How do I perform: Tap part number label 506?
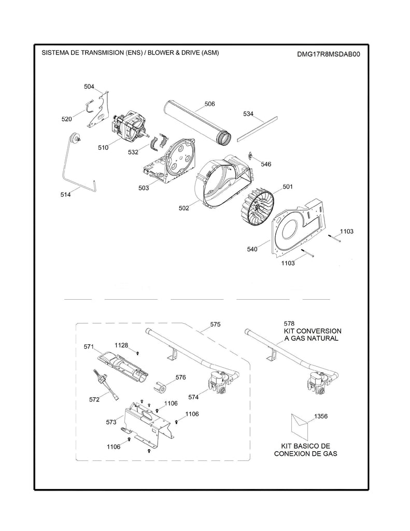(209, 104)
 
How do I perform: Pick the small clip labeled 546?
(251, 156)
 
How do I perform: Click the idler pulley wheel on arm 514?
(78, 137)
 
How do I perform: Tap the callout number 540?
(252, 249)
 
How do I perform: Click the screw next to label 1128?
(138, 353)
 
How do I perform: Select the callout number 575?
(215, 324)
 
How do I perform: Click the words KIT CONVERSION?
(312, 331)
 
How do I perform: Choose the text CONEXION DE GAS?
(306, 453)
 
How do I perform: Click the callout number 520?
(66, 119)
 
